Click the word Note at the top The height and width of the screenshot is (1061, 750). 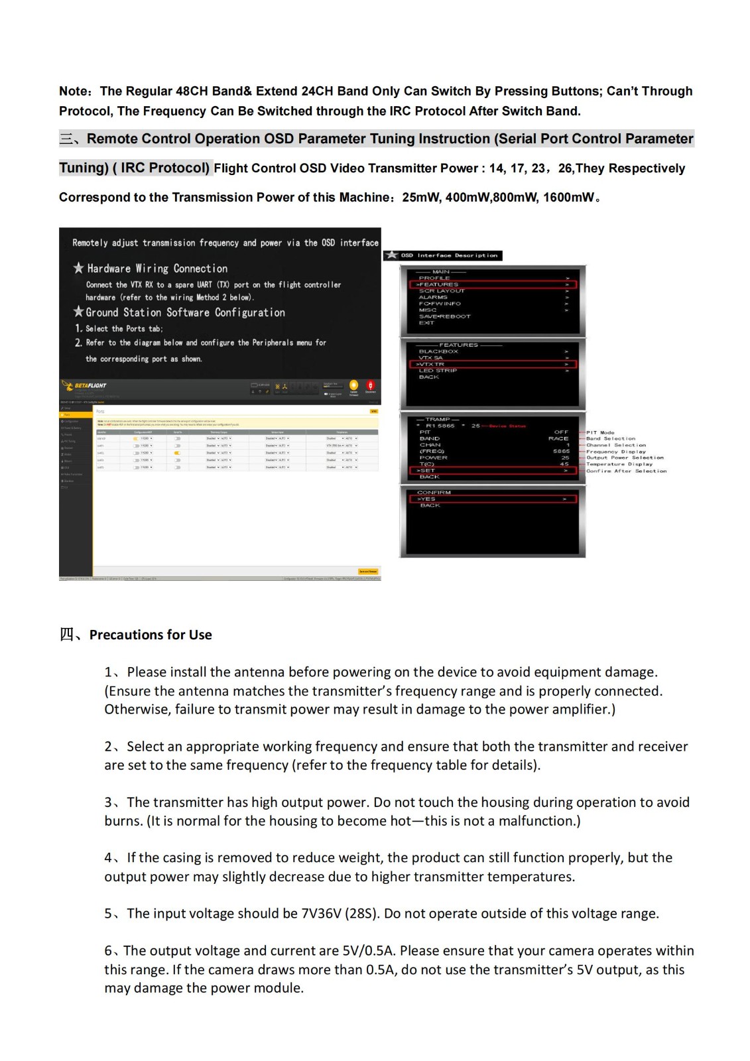click(x=73, y=92)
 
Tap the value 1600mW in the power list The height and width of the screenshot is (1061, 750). click(x=568, y=198)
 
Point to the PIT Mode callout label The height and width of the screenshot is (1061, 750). click(x=600, y=432)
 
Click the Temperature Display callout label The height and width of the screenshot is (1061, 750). click(x=619, y=464)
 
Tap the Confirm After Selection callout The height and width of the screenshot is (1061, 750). click(x=626, y=471)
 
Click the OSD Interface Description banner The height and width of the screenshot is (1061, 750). click(x=444, y=255)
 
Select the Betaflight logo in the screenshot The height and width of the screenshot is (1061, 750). click(x=84, y=385)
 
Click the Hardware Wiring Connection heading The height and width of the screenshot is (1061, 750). click(x=156, y=269)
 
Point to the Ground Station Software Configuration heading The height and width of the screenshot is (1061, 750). click(x=185, y=312)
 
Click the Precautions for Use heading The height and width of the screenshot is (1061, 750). click(x=151, y=635)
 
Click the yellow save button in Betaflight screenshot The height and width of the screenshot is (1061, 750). click(x=368, y=571)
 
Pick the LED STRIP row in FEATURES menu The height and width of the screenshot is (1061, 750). click(x=438, y=371)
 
